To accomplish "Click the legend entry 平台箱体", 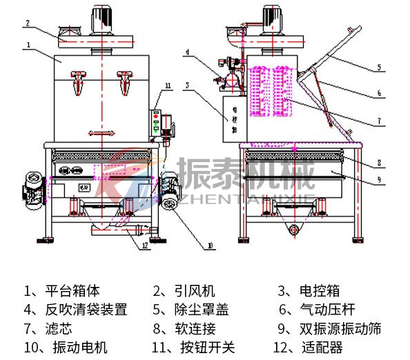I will pos(66,291).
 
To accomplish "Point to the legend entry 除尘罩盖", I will pos(191,310).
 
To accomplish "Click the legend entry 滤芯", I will pos(57,328).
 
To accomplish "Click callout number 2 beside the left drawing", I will pos(27,23).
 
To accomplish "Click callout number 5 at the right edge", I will pos(380,68).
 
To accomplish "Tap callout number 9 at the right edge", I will pos(379,181).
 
